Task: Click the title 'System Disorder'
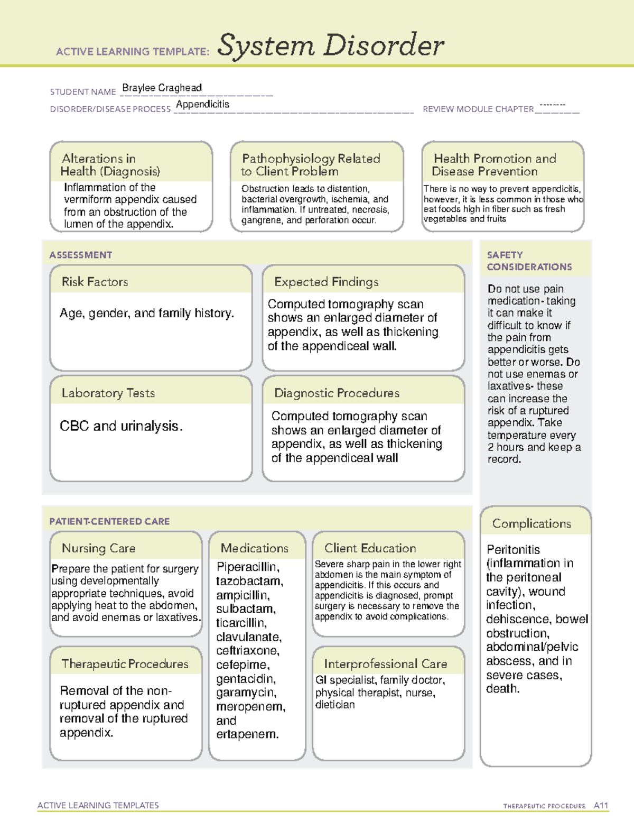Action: point(330,45)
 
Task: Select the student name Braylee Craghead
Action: point(162,88)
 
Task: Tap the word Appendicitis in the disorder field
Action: point(203,104)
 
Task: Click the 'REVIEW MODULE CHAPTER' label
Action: point(478,109)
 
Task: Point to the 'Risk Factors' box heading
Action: point(95,282)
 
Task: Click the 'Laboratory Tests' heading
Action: point(108,393)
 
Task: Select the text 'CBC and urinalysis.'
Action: point(121,426)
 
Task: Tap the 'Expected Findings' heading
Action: point(326,282)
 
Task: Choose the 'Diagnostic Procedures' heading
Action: point(337,393)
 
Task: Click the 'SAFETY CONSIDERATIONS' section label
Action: point(529,261)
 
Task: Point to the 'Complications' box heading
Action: point(531,523)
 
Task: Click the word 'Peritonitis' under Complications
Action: point(513,549)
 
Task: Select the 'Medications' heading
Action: point(254,548)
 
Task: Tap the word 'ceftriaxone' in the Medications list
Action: point(247,651)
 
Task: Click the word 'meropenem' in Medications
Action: point(250,707)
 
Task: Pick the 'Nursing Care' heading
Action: point(98,548)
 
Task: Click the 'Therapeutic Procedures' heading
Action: point(125,663)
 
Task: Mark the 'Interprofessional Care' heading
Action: point(385,663)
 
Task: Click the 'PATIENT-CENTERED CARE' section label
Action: point(109,521)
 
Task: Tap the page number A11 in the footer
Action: point(601,805)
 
